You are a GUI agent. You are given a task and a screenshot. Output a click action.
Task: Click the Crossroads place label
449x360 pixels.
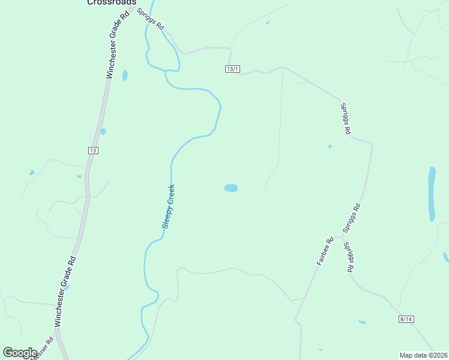coord(112,2)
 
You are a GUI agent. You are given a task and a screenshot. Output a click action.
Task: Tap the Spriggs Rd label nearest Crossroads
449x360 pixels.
coord(151,19)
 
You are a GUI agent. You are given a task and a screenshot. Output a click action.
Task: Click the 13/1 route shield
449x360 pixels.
coord(233,70)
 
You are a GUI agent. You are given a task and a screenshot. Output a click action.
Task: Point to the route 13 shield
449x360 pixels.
coord(92,150)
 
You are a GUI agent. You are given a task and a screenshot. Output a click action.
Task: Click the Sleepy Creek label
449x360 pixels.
coord(169,206)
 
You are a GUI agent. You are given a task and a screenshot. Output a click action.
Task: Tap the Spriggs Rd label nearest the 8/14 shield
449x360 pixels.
coord(348,257)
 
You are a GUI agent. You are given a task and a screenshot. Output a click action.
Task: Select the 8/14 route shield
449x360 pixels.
coord(406,319)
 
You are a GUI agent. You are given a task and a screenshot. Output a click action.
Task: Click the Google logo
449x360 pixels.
coord(20,353)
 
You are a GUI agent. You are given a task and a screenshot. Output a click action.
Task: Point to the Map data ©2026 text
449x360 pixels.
coord(423,355)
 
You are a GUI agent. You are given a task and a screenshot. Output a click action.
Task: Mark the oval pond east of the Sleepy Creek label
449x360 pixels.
coord(231,188)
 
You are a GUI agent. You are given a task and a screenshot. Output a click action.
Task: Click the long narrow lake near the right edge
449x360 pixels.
coord(432,194)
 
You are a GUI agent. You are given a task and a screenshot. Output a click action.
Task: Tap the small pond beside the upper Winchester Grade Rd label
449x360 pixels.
coord(125,76)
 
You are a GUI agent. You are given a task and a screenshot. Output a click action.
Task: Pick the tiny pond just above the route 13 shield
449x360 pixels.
coord(103,131)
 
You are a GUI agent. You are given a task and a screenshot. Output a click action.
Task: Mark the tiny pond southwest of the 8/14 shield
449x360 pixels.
coord(362,322)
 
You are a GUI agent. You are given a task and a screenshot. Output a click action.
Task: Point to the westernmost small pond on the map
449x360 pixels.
coord(32,173)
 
